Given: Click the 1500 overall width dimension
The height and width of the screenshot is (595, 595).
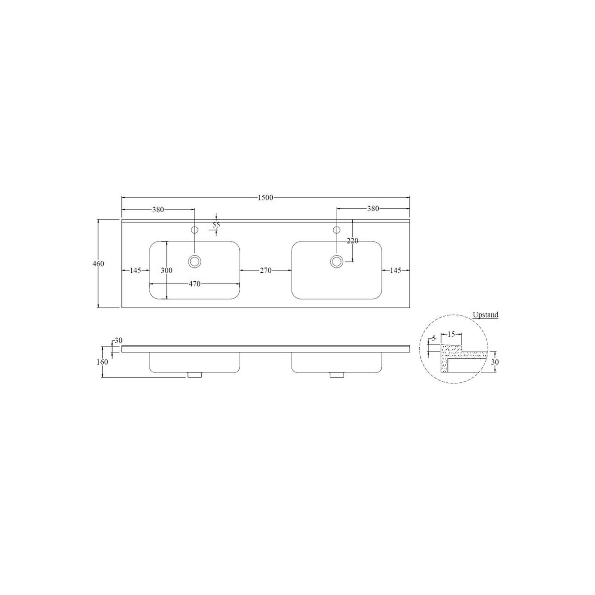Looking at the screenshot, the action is coord(266,198).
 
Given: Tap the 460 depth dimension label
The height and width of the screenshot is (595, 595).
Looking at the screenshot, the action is coord(98,264).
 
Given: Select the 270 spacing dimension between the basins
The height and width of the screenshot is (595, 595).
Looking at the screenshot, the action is coord(266,271).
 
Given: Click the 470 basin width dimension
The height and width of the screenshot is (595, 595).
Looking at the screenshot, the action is coord(195,284).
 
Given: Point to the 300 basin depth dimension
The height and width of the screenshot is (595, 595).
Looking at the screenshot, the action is coord(167,271).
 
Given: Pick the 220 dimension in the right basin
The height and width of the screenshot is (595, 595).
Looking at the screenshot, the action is coord(353,241).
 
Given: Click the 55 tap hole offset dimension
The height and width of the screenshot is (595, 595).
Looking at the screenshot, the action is coord(216,225).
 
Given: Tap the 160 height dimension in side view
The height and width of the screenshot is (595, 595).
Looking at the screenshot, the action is coord(102,362).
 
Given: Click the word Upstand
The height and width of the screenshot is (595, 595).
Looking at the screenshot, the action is coord(485,315).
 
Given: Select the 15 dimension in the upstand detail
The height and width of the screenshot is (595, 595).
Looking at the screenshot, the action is coord(451,334).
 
